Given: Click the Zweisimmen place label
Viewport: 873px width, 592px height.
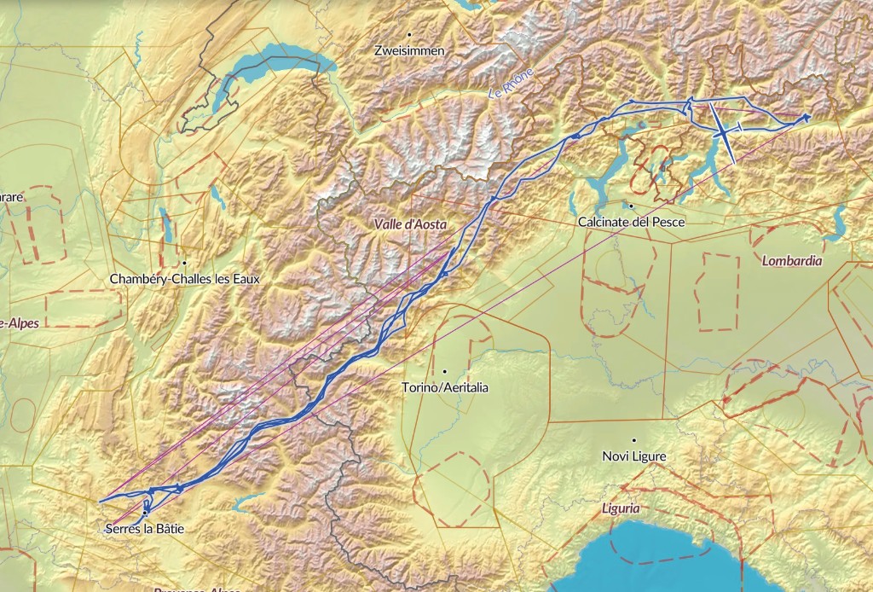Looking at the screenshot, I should pos(409,51).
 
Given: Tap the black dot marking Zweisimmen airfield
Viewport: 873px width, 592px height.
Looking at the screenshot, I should pos(410,34).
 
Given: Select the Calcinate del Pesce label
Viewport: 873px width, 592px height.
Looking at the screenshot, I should pos(631,222).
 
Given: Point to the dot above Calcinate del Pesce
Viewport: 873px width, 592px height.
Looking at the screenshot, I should pos(631,206).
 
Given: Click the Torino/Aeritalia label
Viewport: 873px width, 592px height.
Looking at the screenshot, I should pos(445,387).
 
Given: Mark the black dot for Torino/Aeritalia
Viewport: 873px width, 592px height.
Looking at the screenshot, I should pos(445,371).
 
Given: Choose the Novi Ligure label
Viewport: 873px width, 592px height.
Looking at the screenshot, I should pos(633,456).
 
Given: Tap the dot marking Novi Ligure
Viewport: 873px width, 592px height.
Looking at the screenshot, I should pos(633,440).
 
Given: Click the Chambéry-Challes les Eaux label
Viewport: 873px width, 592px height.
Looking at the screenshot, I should pos(184,279).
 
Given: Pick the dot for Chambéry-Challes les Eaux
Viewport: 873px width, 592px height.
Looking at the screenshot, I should pos(184,262).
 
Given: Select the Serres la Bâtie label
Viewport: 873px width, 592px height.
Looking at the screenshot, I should pos(144,529).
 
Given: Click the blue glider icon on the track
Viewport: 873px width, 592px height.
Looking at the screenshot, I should pos(723,132).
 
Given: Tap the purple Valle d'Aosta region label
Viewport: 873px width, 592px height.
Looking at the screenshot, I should pos(410,223).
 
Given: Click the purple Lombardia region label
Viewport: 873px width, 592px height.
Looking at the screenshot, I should pos(793,261).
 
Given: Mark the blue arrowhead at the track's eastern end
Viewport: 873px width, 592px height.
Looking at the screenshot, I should pos(805,118).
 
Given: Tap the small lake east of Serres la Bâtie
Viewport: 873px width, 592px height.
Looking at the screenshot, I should pos(246,502).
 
